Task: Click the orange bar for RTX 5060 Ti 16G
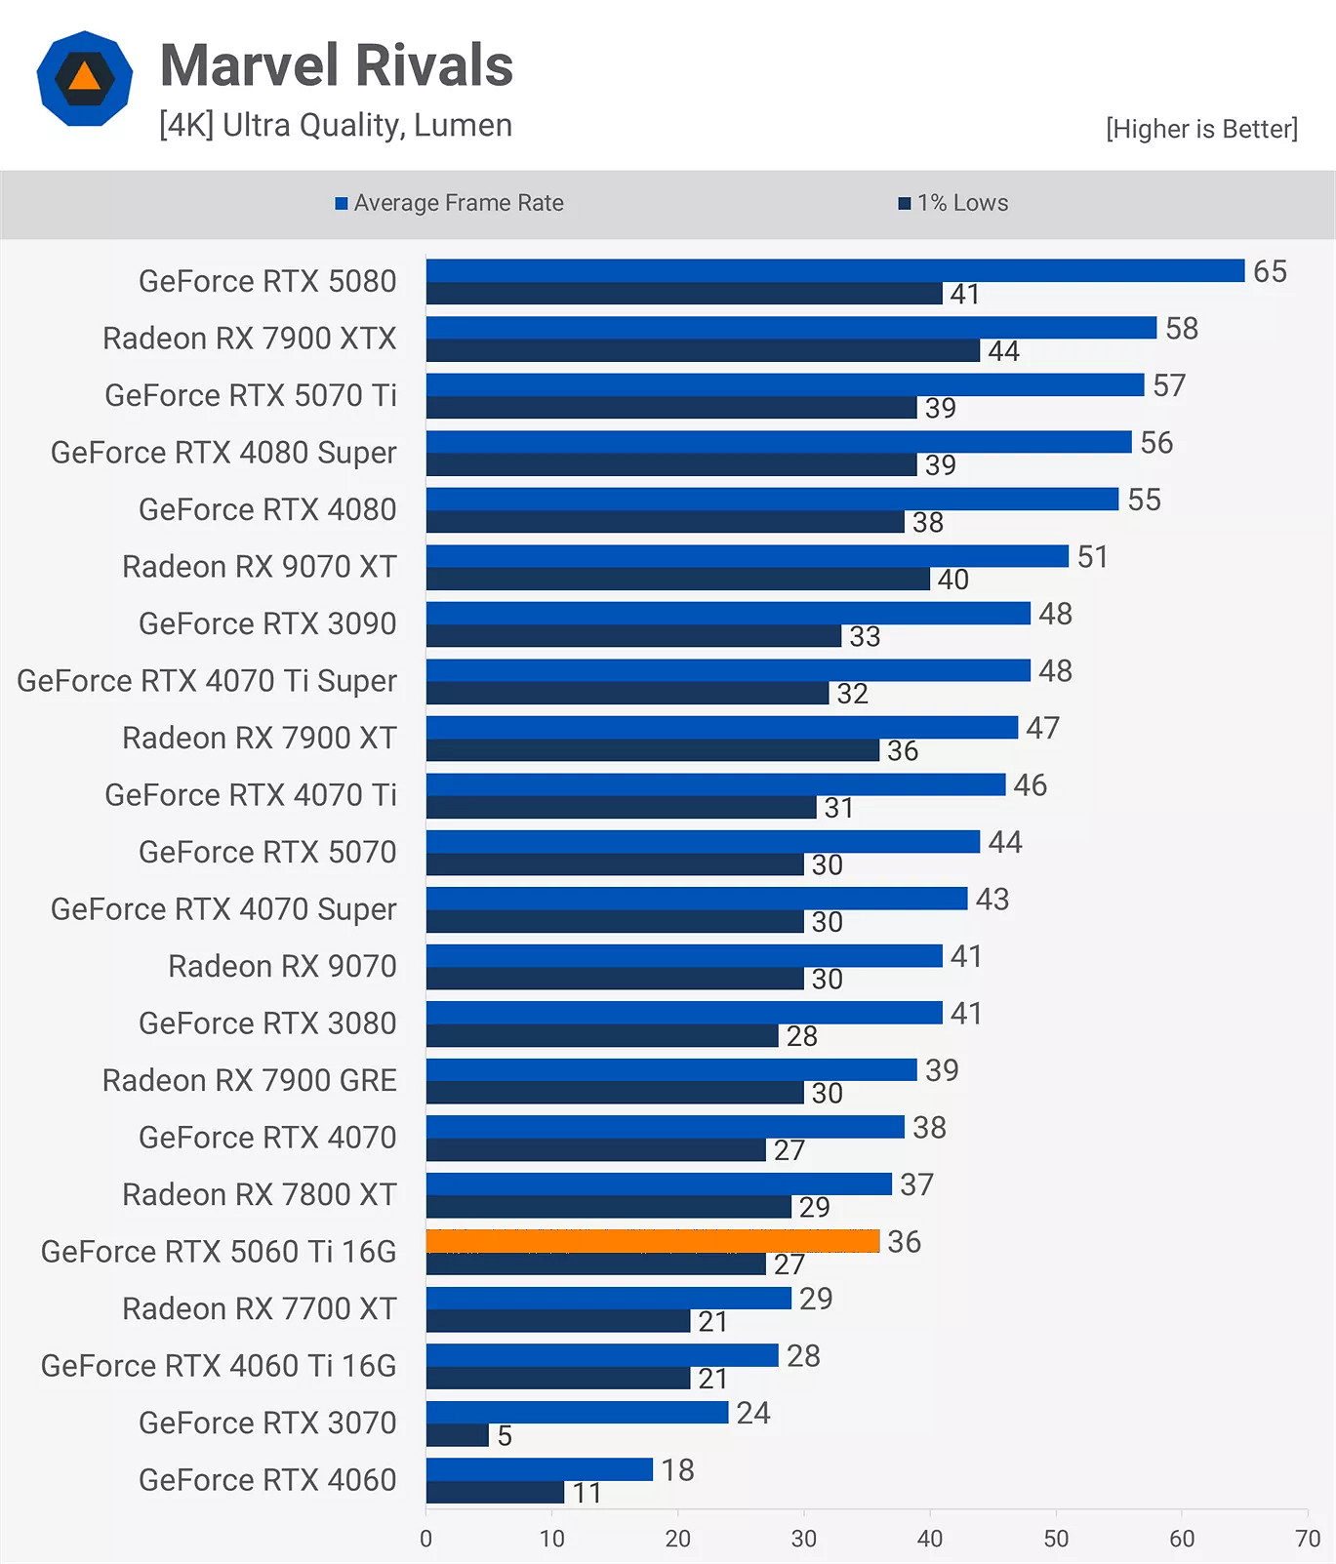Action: pos(652,1241)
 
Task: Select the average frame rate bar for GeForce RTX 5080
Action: pos(834,270)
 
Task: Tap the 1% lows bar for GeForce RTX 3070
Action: pos(457,1435)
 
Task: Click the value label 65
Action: pos(1270,271)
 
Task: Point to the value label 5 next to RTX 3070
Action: pos(505,1436)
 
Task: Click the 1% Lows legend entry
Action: pos(953,203)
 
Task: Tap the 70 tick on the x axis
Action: pos(1307,1539)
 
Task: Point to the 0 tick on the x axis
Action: pos(425,1539)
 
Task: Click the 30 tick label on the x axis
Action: pos(803,1539)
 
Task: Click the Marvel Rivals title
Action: pos(337,65)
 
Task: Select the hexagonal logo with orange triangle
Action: pos(85,79)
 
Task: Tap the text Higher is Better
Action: pos(1201,129)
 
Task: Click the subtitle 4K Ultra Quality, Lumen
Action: pos(336,125)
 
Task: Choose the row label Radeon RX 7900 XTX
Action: pos(250,339)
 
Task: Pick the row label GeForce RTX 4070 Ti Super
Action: pos(207,681)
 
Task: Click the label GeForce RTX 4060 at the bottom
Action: pos(267,1480)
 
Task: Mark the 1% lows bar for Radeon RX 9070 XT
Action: pos(677,580)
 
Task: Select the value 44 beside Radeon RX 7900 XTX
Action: pos(1003,351)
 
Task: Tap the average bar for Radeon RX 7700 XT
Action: pos(608,1298)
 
